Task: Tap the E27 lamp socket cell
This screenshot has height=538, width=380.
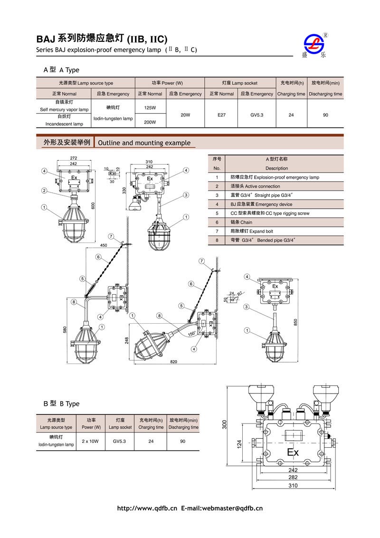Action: point(221,115)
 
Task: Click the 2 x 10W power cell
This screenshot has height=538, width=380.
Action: point(90,441)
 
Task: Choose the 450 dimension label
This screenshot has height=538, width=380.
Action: point(103,245)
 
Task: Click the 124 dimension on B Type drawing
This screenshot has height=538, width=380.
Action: point(240,443)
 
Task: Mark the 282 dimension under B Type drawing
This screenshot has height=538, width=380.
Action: point(293,477)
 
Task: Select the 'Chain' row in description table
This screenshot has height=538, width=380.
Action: point(246,222)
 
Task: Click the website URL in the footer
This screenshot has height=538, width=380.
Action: point(147,508)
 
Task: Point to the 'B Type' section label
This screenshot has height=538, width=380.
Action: point(62,403)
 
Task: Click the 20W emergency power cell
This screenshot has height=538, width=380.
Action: point(185,115)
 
